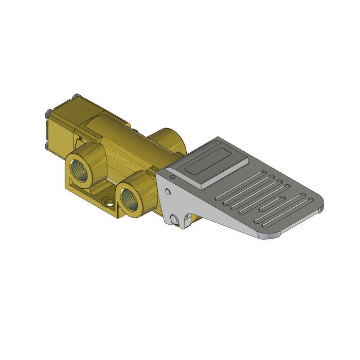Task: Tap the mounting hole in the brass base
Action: point(109,203)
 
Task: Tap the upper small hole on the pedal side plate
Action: point(166,192)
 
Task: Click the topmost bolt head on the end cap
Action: point(76,96)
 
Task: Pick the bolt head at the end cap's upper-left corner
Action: point(47,112)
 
